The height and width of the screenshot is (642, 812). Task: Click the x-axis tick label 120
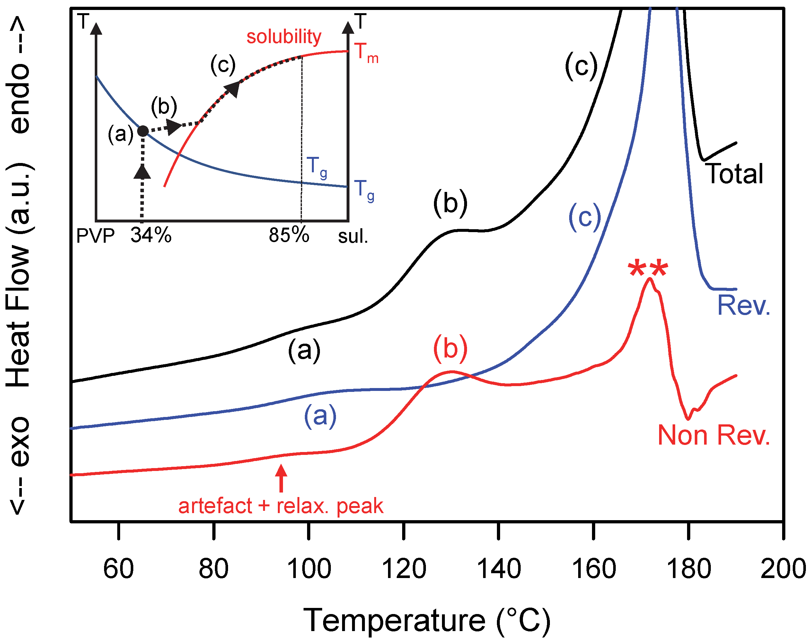[404, 569]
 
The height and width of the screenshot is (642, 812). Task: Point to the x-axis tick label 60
[118, 569]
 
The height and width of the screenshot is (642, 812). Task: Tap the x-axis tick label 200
[783, 569]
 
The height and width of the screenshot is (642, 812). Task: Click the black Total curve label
[735, 174]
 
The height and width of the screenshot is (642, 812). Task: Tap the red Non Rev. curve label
[714, 435]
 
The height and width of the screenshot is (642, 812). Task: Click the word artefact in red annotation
[215, 506]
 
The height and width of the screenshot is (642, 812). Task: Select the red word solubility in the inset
[284, 37]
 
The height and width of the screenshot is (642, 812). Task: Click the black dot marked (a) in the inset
[143, 131]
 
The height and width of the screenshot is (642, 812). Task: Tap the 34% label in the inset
[151, 236]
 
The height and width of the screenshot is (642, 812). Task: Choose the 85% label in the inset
[289, 236]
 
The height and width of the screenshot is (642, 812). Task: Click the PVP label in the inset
[95, 236]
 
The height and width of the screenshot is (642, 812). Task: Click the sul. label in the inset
[353, 236]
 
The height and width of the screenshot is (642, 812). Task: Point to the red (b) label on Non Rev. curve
[450, 348]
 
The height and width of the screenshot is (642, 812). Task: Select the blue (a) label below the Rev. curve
[320, 416]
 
